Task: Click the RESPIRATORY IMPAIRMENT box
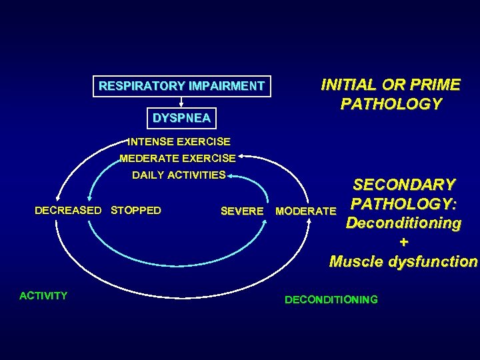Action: point(181,86)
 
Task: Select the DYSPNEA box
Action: point(181,119)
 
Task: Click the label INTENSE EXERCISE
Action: point(179,141)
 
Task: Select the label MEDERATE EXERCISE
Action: point(177,159)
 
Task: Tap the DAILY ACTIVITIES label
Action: point(179,175)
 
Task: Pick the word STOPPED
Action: point(136,211)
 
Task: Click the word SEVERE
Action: point(241,211)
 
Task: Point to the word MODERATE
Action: point(306,211)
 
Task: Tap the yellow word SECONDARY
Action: point(404,185)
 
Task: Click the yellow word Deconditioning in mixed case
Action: point(403,223)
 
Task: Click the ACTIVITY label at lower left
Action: point(44,295)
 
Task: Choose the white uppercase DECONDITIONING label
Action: point(331,300)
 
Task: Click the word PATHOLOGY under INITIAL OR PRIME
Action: point(391,104)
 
